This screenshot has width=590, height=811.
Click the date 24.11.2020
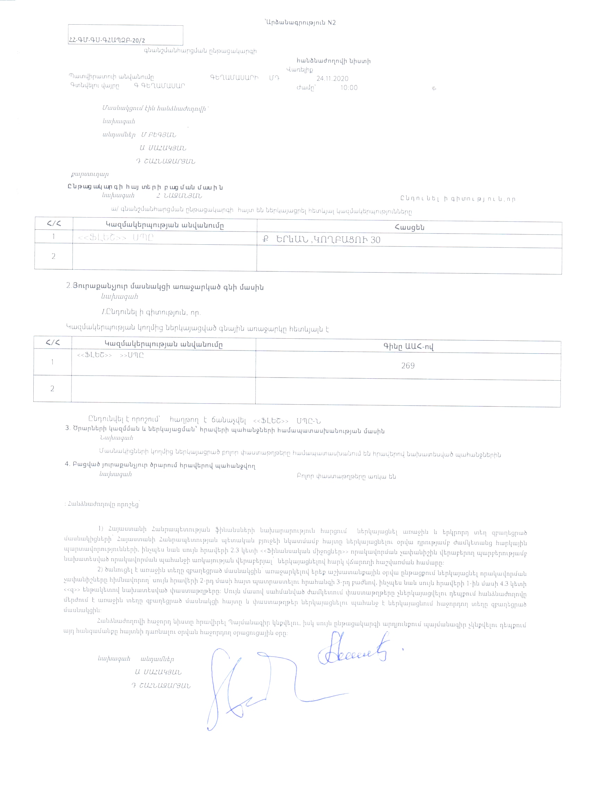tap(332, 79)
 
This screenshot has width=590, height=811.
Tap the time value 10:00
tap(349, 87)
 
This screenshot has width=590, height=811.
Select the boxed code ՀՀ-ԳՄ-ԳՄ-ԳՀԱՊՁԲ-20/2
tap(107, 40)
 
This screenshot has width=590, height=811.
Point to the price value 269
tap(408, 365)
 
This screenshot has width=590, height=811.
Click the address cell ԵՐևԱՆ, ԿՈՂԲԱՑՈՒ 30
tap(322, 239)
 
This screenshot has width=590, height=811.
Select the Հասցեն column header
tap(410, 227)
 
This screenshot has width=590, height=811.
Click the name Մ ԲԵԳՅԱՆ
tap(158, 135)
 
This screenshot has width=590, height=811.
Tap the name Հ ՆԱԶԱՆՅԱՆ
tap(179, 196)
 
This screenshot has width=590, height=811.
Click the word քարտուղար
tap(90, 174)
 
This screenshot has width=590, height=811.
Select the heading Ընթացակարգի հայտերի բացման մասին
tap(145, 187)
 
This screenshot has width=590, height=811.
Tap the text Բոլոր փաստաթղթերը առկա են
tap(346, 476)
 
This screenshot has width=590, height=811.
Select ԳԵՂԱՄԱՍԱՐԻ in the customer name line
tap(234, 78)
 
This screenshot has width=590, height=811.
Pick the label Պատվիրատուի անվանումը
tap(111, 77)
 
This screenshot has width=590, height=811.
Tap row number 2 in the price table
tap(52, 388)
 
